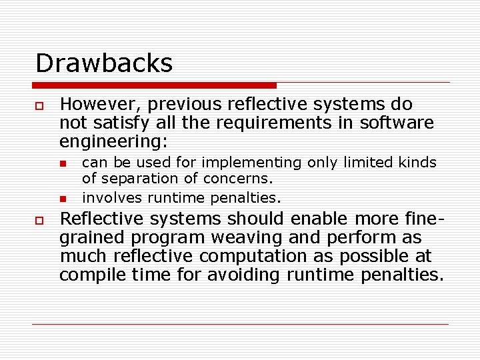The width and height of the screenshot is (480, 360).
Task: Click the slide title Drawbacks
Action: (104, 63)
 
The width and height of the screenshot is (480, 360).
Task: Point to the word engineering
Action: (113, 142)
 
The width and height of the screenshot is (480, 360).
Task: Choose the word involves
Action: (112, 197)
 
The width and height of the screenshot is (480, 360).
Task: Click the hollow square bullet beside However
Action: (40, 106)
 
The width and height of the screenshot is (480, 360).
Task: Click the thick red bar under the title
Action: (154, 85)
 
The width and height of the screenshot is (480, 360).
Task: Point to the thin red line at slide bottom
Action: (240, 324)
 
